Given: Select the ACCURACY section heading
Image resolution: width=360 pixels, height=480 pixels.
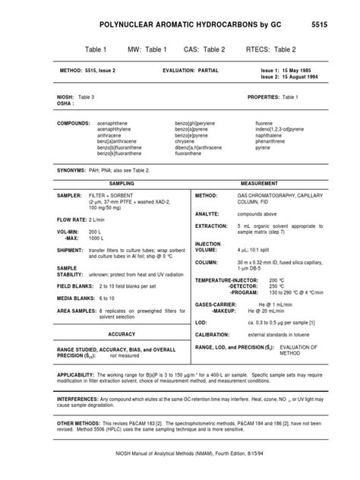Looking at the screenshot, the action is [122, 312].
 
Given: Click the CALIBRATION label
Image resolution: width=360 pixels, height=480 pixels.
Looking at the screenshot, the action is [214, 312].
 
